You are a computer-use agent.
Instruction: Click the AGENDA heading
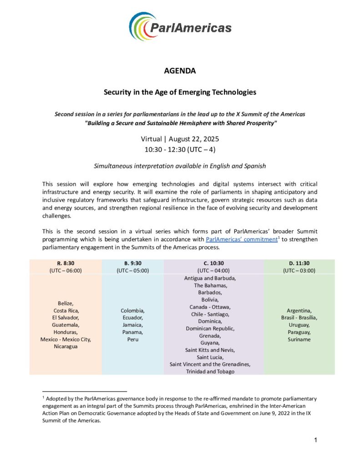point(180,71)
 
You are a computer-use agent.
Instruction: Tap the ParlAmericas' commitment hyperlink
point(241,239)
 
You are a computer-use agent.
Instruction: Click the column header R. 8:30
point(66,263)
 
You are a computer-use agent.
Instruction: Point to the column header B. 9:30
point(132,263)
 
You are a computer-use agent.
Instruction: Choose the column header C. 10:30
point(213,263)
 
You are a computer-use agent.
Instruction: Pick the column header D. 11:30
point(299,263)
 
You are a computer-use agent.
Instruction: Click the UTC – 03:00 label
point(299,270)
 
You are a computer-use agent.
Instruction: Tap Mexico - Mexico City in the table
point(66,339)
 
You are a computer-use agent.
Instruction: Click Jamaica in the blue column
point(132,324)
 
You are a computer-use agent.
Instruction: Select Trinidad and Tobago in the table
point(210,371)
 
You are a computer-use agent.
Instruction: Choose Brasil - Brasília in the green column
point(299,317)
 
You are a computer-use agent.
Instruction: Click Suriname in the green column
point(299,339)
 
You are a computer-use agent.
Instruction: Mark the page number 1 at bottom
point(315,440)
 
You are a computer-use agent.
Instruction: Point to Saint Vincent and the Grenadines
point(210,364)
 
